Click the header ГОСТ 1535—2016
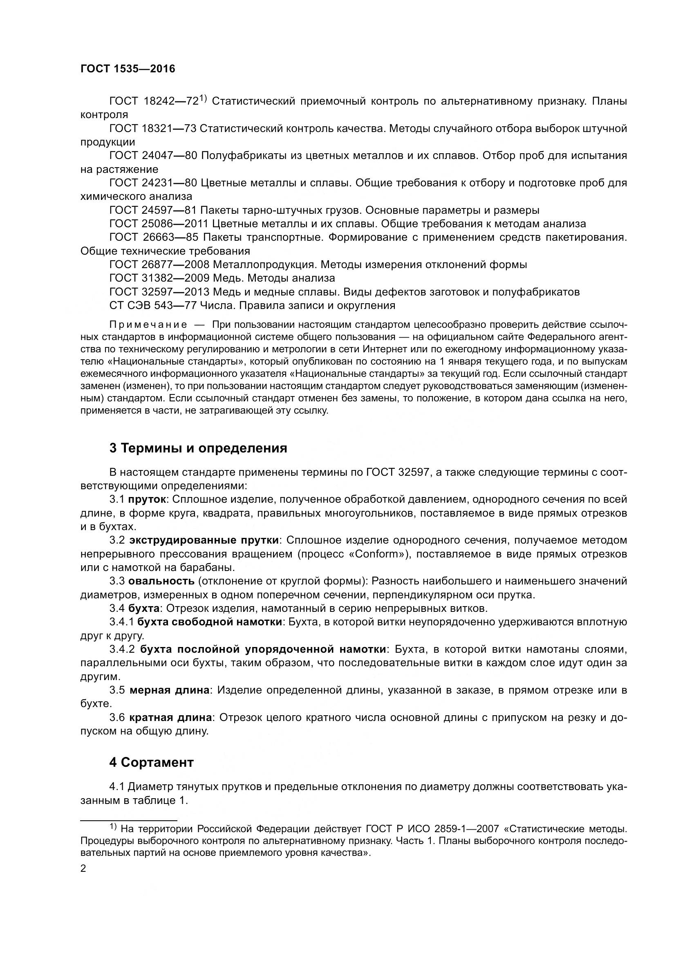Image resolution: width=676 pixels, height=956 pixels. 128,69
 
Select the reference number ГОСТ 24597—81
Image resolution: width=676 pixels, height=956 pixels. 153,210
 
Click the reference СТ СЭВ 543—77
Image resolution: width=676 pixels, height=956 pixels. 153,306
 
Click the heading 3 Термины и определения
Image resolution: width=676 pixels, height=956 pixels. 198,448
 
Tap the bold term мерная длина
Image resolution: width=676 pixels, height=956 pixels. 170,690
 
